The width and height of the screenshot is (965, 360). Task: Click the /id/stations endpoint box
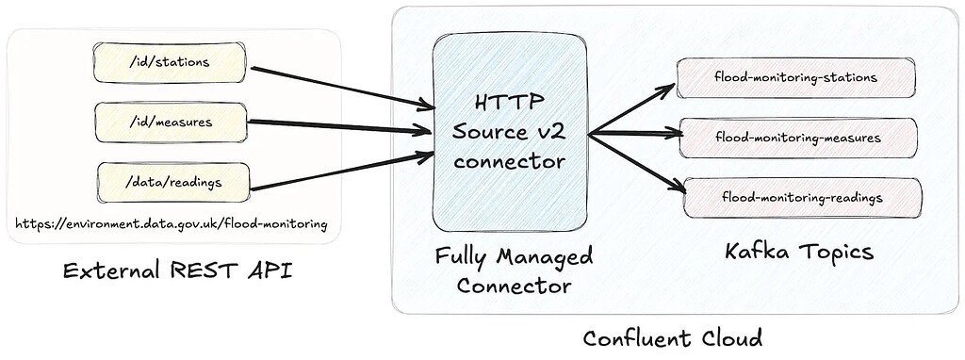171,62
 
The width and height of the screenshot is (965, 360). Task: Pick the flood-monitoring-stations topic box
795,76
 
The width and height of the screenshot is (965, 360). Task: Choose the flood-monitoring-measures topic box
797,138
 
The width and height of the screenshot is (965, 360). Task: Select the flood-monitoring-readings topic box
802,197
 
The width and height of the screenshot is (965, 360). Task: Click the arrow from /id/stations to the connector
339,85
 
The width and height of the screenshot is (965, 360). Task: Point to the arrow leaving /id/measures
339,124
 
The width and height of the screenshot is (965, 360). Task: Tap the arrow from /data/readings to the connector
339,169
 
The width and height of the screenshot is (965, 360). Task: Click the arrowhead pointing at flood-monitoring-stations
667,89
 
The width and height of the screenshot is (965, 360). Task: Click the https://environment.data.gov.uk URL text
172,224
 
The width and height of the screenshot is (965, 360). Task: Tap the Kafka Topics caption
799,253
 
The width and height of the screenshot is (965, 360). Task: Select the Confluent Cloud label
672,337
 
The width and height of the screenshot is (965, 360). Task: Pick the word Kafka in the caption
759,253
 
